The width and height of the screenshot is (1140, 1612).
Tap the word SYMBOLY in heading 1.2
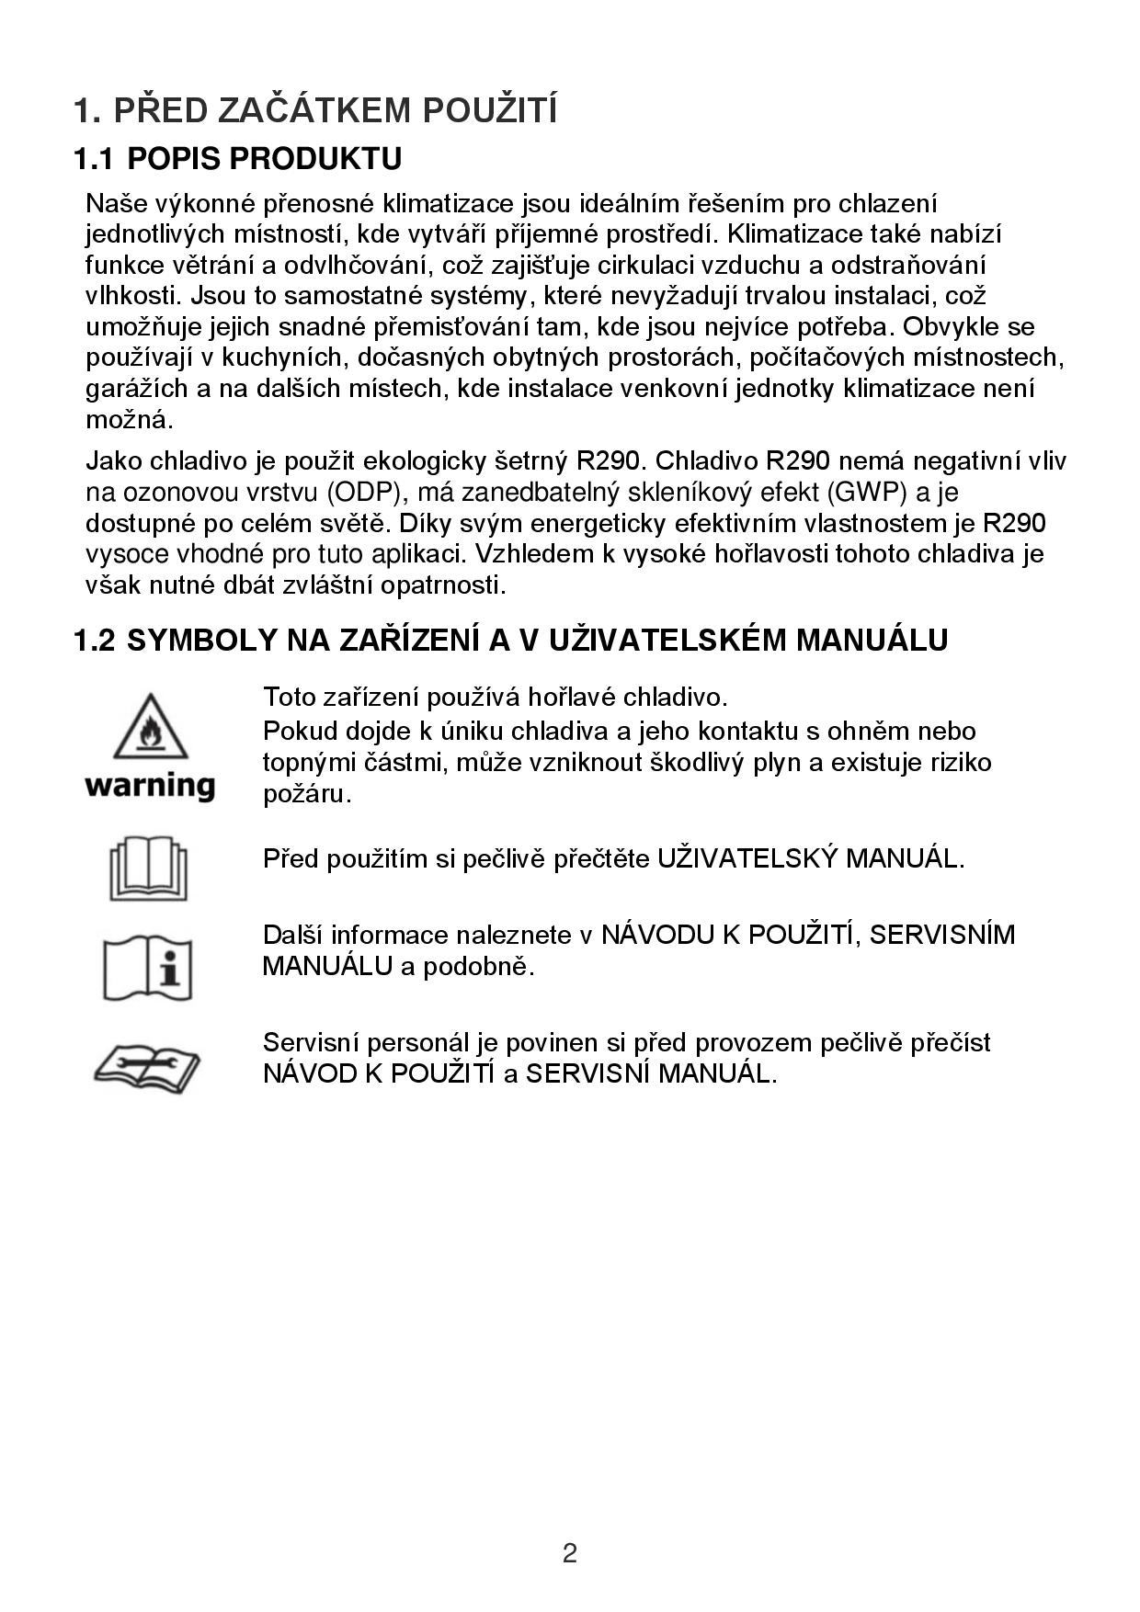pos(199,640)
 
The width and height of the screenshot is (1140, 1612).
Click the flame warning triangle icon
pos(150,726)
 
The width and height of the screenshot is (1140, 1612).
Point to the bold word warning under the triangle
pos(150,787)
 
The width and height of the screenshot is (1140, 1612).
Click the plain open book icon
pos(148,868)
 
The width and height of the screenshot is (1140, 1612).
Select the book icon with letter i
pos(148,969)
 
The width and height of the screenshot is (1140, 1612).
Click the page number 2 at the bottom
pos(570,1553)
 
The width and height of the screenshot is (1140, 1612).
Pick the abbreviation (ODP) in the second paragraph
pos(366,493)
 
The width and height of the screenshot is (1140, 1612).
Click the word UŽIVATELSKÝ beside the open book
pos(747,858)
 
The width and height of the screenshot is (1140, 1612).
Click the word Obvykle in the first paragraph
pos(956,326)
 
